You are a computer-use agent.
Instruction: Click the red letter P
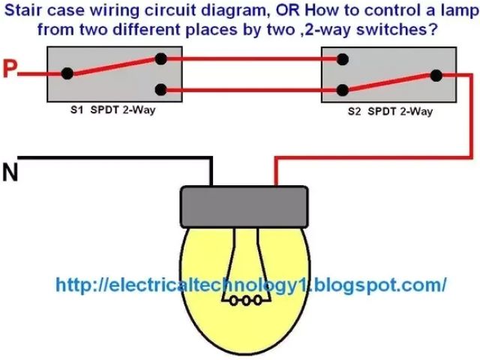9,70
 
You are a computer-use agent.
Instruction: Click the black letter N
10,172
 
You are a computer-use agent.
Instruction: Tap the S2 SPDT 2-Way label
390,111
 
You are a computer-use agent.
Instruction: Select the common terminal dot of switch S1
67,73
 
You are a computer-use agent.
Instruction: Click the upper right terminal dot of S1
160,58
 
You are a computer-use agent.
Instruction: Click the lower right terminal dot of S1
160,90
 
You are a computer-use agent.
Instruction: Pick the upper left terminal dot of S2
342,58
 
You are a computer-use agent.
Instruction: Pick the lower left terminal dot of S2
342,90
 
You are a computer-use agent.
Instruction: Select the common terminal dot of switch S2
435,74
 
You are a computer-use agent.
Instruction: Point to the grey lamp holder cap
244,205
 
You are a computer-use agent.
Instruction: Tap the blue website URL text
251,285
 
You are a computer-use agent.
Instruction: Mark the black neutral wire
112,157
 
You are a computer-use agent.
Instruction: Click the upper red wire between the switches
251,58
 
